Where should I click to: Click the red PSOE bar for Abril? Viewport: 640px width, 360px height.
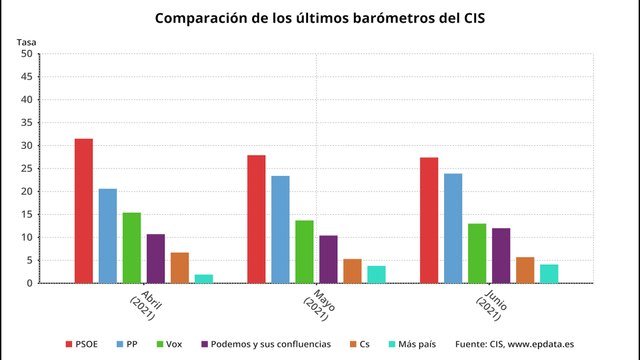[83, 211]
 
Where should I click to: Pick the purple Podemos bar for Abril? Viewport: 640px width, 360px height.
[155, 259]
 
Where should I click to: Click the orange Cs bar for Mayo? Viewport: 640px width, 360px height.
[352, 271]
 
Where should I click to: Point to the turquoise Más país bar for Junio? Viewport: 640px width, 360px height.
[549, 273]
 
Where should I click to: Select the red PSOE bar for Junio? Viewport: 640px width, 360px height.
[429, 220]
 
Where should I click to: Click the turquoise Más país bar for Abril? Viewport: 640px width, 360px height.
[203, 278]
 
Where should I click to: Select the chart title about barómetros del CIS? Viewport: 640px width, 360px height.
[320, 18]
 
